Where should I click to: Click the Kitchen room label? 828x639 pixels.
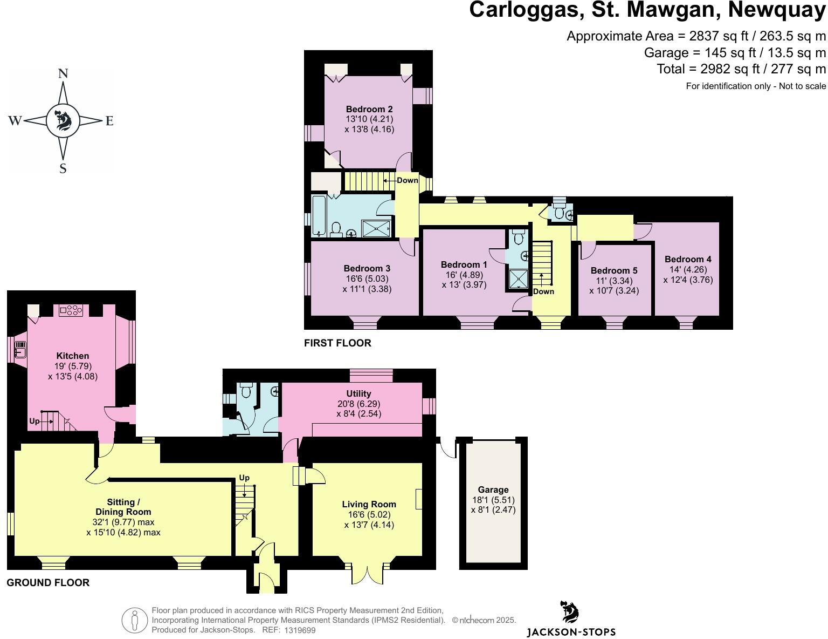click(73, 356)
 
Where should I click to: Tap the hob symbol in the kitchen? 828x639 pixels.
click(71, 310)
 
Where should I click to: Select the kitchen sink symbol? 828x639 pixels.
click(20, 349)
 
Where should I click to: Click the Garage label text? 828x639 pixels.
click(493, 490)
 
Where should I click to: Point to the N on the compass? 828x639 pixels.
click(63, 74)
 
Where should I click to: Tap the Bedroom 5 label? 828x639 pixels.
click(613, 270)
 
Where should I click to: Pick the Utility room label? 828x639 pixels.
click(358, 393)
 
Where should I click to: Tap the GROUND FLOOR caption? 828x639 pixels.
click(48, 582)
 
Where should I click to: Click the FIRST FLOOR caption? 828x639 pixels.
click(337, 343)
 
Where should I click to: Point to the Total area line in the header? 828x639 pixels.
click(741, 69)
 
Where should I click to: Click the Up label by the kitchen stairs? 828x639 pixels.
click(34, 421)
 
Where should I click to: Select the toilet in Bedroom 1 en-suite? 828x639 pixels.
click(519, 237)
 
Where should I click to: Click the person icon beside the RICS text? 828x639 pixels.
click(134, 620)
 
